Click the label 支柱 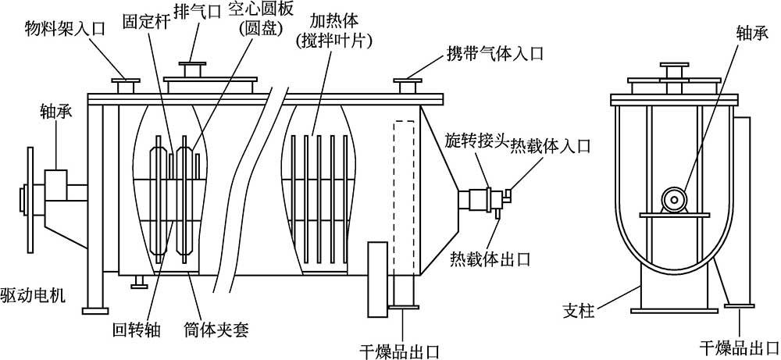[579, 312]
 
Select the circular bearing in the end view [670, 199]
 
